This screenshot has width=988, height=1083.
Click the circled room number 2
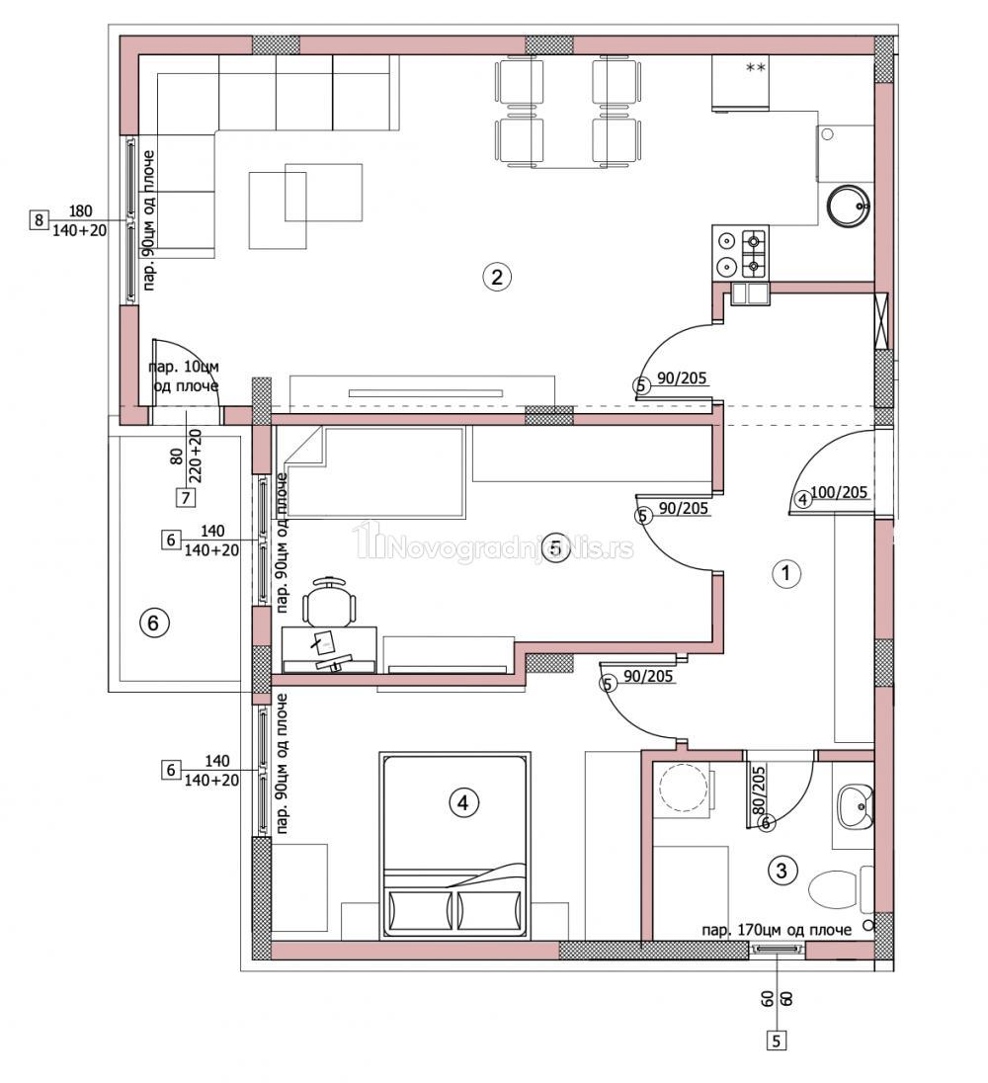(496, 277)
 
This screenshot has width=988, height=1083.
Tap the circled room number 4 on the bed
(462, 802)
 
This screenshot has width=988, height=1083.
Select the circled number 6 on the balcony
(153, 623)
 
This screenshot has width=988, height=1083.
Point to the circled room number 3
(782, 871)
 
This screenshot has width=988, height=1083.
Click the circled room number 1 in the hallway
(785, 573)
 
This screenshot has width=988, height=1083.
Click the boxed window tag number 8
(39, 220)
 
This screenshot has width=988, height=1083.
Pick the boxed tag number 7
(185, 497)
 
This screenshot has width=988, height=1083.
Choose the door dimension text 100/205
(839, 492)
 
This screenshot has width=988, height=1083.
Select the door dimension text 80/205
(758, 790)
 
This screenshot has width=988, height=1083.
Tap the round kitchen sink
(848, 206)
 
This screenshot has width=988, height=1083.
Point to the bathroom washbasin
(855, 806)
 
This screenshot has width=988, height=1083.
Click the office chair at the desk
(331, 600)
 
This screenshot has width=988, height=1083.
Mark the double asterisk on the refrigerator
(756, 67)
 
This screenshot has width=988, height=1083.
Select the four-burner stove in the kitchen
(741, 254)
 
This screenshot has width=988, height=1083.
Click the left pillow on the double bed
(419, 910)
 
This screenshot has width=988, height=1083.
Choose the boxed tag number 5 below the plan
(777, 1041)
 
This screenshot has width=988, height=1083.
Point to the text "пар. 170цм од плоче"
(777, 931)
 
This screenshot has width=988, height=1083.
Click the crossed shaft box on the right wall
(881, 320)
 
